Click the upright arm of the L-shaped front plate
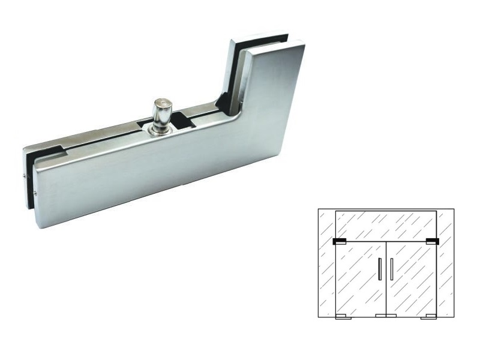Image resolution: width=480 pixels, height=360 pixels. coord(273,90)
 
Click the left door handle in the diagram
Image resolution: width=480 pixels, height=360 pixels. coord(380,269)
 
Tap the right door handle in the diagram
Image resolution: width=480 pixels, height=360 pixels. coord(391,269)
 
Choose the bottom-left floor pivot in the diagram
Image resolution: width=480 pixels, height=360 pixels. coord(342,316)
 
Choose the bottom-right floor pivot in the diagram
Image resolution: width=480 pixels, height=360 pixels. coord(428,316)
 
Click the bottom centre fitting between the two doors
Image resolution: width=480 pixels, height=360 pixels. coord(385,316)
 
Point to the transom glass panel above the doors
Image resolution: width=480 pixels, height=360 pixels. coord(385,225)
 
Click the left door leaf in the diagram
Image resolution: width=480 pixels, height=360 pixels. coord(359,279)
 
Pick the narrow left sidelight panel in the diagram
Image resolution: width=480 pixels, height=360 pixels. coord(326,264)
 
